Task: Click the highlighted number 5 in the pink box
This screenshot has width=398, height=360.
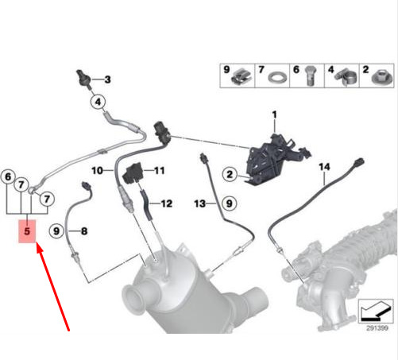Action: coord(27,231)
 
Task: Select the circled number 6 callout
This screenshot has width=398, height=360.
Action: coord(8,177)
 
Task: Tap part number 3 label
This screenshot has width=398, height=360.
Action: coord(107,79)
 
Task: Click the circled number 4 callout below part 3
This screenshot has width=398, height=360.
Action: coord(99,102)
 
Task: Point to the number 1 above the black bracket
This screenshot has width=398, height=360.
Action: coord(275,115)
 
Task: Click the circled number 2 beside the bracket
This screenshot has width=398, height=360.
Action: coord(230,174)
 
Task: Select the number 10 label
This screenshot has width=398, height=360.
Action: coord(97,170)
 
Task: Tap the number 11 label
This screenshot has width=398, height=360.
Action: coord(160,170)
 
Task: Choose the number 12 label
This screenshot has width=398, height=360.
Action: coord(167,203)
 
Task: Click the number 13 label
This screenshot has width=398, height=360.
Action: coord(199,203)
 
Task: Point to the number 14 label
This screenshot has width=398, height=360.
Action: coord(324,167)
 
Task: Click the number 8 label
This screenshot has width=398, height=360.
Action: coord(84,231)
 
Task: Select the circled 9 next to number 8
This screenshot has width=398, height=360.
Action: coord(56,231)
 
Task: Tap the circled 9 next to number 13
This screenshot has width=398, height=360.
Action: coord(229,203)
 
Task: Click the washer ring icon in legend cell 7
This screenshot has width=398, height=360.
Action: coord(277,78)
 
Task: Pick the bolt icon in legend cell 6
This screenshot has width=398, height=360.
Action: coord(311,75)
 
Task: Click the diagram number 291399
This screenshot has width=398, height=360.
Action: coord(377,328)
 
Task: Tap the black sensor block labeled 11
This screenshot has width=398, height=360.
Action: coord(133,174)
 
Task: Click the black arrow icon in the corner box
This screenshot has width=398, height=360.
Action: coord(376,311)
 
